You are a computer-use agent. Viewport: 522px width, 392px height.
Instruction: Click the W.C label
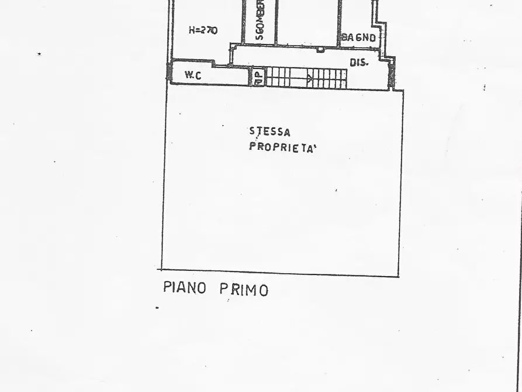(x=193, y=75)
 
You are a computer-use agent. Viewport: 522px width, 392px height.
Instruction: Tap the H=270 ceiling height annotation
(x=203, y=30)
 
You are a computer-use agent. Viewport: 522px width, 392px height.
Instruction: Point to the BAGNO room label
(x=359, y=37)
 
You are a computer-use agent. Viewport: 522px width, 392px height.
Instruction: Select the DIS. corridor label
(x=359, y=62)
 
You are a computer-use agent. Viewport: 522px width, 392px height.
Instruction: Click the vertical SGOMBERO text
(x=260, y=20)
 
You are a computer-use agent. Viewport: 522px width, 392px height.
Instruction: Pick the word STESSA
(x=269, y=132)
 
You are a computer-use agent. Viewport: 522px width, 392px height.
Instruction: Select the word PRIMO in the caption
(x=244, y=289)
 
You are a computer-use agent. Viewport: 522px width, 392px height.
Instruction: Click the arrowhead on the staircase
(x=310, y=77)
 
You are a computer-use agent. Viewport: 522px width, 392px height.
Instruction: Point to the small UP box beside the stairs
(x=258, y=77)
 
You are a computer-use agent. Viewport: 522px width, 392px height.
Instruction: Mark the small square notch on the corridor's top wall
(x=320, y=50)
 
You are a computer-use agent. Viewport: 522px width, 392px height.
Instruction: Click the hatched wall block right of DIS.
(x=392, y=73)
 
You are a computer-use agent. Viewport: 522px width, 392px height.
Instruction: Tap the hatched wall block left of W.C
(x=170, y=73)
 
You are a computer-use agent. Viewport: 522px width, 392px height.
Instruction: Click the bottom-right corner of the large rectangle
(x=399, y=276)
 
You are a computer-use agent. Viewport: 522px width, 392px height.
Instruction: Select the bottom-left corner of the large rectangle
(x=161, y=270)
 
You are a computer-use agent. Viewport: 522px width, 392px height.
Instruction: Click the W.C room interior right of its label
(x=228, y=76)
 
